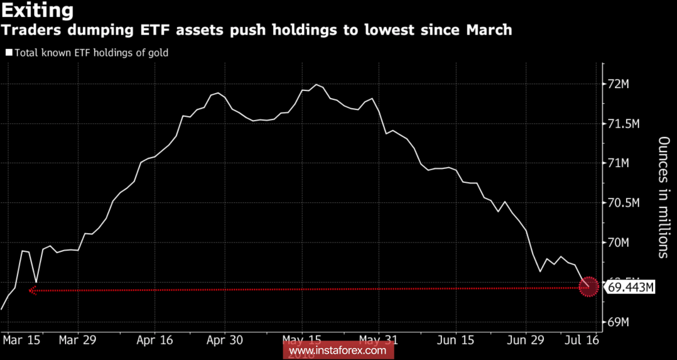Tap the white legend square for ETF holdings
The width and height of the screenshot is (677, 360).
(x=8, y=53)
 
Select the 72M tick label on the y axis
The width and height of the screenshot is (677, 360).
(x=626, y=84)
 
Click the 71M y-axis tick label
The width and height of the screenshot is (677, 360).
(x=626, y=163)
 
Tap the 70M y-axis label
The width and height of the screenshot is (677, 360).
(x=626, y=243)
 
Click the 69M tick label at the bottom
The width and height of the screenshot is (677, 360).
(x=626, y=322)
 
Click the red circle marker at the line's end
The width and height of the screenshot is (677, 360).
(x=588, y=287)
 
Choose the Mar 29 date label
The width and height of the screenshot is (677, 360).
(x=78, y=340)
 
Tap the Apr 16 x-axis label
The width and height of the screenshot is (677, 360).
(x=154, y=340)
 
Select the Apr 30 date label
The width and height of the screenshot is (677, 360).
(x=224, y=340)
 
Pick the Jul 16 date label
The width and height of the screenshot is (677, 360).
(x=581, y=340)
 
